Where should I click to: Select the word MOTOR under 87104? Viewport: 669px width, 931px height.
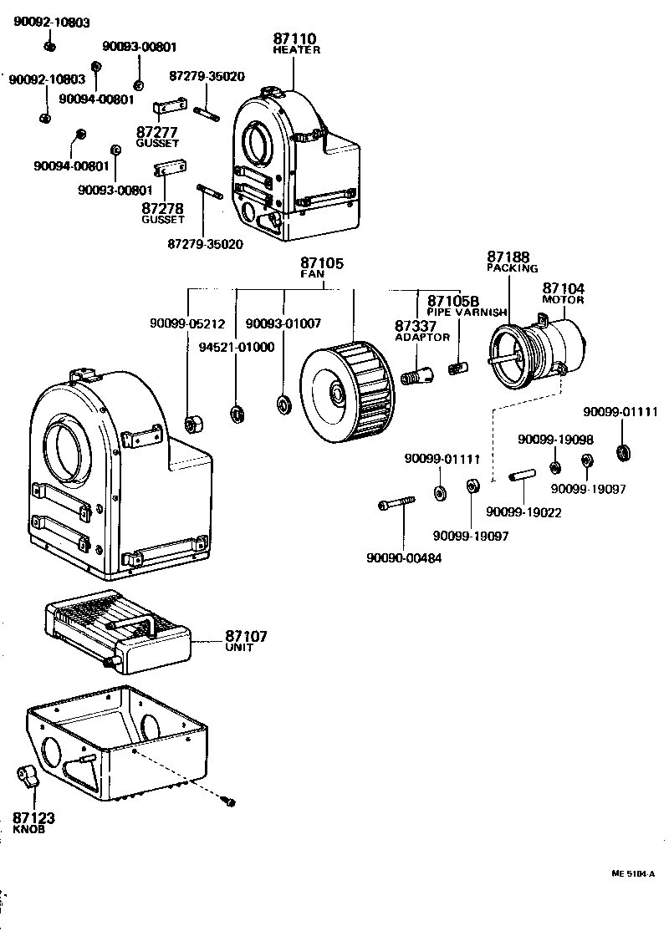pos(563,300)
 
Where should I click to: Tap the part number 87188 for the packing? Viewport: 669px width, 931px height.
pos(508,257)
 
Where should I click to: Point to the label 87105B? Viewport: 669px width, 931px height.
pos(452,300)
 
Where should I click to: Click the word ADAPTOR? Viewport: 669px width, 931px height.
pos(422,337)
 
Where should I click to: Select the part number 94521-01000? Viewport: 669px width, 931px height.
pos(237,347)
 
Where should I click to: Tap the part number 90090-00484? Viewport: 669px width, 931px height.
pos(404,558)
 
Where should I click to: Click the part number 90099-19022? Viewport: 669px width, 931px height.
pos(523,512)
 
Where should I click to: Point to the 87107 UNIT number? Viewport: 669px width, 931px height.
pos(246,636)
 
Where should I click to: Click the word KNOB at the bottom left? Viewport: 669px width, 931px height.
pos(29,830)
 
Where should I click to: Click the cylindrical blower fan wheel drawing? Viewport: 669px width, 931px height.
pos(345,389)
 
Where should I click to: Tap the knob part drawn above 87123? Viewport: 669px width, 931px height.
pos(28,776)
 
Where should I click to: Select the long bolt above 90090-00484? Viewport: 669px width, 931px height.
pos(396,504)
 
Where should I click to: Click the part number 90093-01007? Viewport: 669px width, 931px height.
pos(283,323)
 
